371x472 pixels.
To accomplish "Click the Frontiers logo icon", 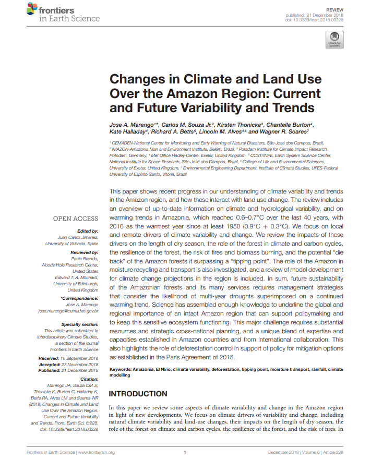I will click(x=32, y=9).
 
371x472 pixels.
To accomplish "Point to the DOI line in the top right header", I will click(x=316, y=20).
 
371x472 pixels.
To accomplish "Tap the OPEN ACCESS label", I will click(x=76, y=219).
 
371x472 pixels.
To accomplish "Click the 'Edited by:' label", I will click(x=87, y=231).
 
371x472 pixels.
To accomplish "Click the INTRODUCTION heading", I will click(x=138, y=394).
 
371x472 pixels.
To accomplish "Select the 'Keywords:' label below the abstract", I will click(x=121, y=369).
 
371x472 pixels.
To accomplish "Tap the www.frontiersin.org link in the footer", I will click(x=96, y=452).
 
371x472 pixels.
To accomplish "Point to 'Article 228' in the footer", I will click(x=334, y=452).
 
